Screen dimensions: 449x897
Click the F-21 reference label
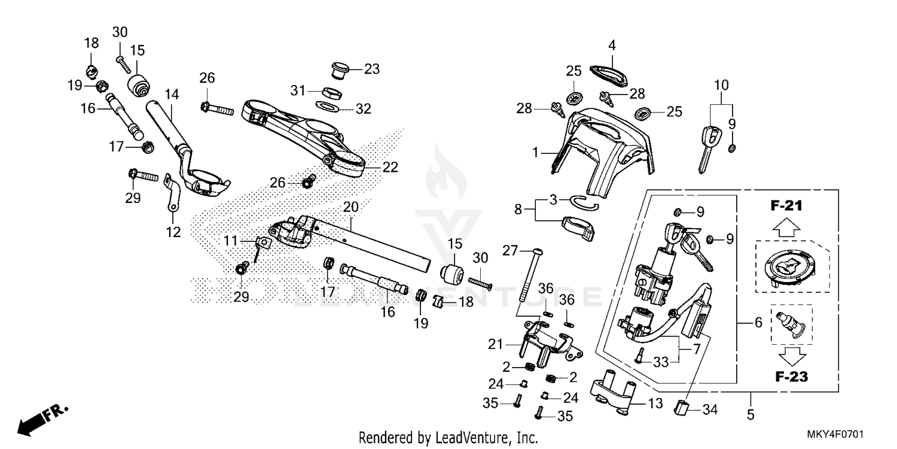[785, 207]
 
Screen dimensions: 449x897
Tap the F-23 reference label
[791, 377]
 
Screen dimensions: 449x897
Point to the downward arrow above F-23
[791, 356]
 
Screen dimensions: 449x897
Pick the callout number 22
[390, 168]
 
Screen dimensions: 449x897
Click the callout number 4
[612, 45]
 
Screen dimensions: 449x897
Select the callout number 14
[172, 94]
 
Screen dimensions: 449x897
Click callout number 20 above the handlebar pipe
[350, 207]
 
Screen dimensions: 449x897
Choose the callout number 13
[656, 404]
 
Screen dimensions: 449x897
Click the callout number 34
[710, 410]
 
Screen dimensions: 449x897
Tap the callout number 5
[750, 414]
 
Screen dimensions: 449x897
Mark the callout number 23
[372, 69]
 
